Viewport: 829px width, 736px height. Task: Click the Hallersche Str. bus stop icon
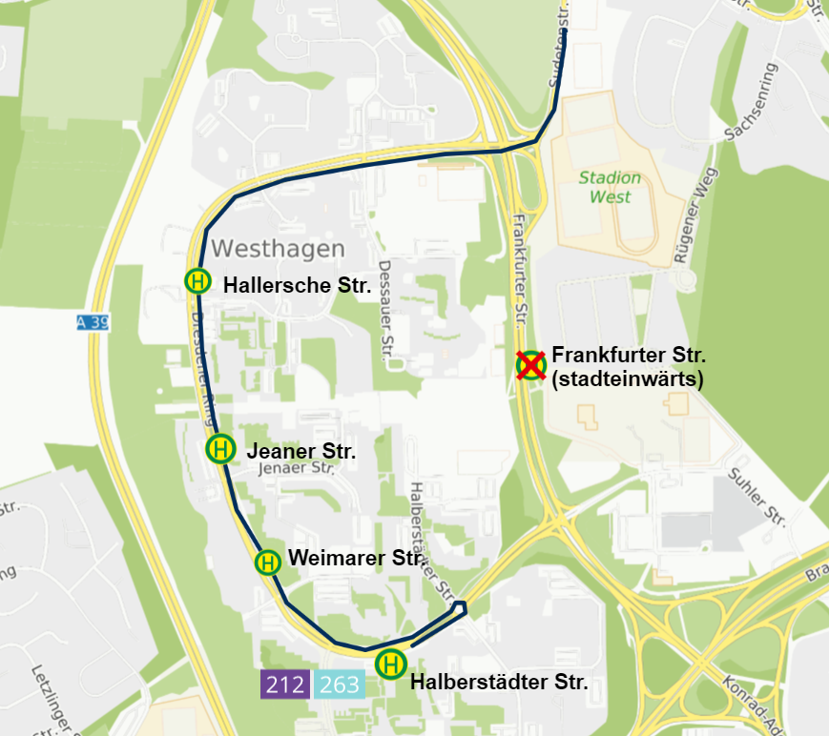(198, 281)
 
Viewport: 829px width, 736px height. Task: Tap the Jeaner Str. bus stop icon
(220, 448)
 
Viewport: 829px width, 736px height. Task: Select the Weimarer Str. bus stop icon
(268, 562)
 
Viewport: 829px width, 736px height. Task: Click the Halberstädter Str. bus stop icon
(391, 664)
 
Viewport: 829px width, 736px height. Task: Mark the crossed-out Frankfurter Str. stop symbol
(530, 365)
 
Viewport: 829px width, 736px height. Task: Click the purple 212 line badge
(285, 684)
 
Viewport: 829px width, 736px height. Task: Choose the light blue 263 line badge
(341, 684)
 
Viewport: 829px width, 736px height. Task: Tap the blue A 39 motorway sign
(93, 323)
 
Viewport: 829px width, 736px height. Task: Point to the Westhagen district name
(278, 249)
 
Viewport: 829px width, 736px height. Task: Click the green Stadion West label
(611, 188)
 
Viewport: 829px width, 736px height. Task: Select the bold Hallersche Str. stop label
(297, 284)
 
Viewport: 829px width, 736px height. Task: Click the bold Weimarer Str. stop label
(356, 559)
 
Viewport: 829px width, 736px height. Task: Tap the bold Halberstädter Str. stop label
(498, 683)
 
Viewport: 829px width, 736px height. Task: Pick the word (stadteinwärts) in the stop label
(627, 378)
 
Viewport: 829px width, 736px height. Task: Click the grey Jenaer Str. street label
(296, 467)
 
